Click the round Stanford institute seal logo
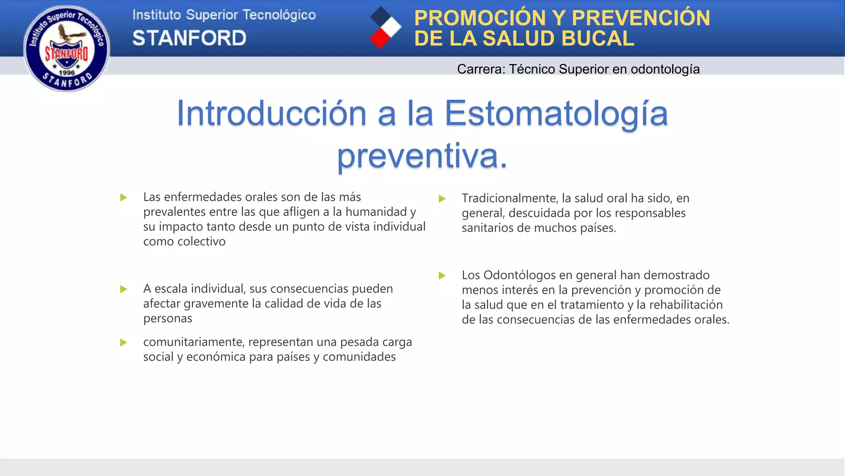tap(67, 48)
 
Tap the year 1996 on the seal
tap(67, 73)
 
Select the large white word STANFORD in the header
tap(189, 38)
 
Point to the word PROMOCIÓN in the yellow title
tap(480, 18)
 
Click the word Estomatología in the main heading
tap(556, 114)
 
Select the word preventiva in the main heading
tap(418, 156)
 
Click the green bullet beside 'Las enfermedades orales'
tap(123, 198)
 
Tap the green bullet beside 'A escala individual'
tap(123, 289)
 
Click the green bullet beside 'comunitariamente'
tap(123, 343)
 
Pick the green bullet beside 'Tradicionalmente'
tap(442, 199)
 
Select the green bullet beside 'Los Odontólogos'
tap(442, 276)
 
